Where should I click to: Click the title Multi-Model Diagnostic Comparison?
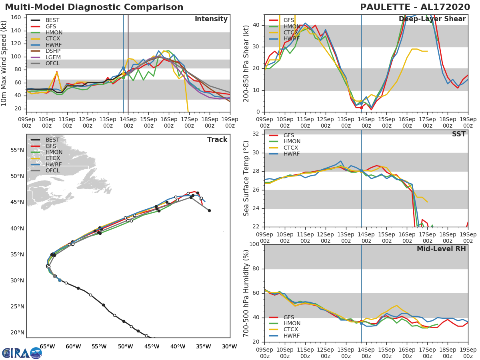tap(94, 7)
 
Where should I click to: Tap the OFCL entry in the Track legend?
tap(52, 171)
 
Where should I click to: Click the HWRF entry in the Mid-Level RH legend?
tap(292, 336)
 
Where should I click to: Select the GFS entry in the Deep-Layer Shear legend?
tap(289, 20)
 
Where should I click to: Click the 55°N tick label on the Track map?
tap(17, 150)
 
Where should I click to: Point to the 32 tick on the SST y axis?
tap(256, 134)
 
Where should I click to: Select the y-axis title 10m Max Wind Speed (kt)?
tap(5, 64)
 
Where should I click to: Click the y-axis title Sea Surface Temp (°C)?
tap(246, 178)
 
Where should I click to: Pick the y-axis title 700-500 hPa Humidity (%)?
tap(246, 293)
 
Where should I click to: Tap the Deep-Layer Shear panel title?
tap(432, 19)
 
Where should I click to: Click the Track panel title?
tap(217, 140)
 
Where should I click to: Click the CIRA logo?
tap(22, 353)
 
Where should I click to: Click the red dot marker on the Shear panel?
tap(361, 108)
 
